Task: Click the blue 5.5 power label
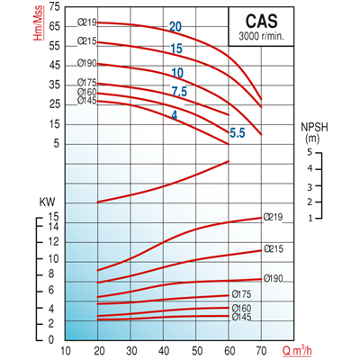(238, 133)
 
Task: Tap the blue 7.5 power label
(179, 92)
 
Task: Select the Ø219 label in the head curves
(86, 22)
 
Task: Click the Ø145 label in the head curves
(86, 100)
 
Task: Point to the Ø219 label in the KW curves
(273, 217)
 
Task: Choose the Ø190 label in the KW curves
(273, 279)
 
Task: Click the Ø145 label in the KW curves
(241, 317)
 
